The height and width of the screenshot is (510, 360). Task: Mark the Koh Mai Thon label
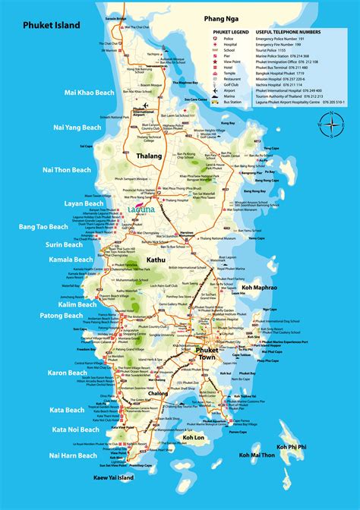click(257, 455)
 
